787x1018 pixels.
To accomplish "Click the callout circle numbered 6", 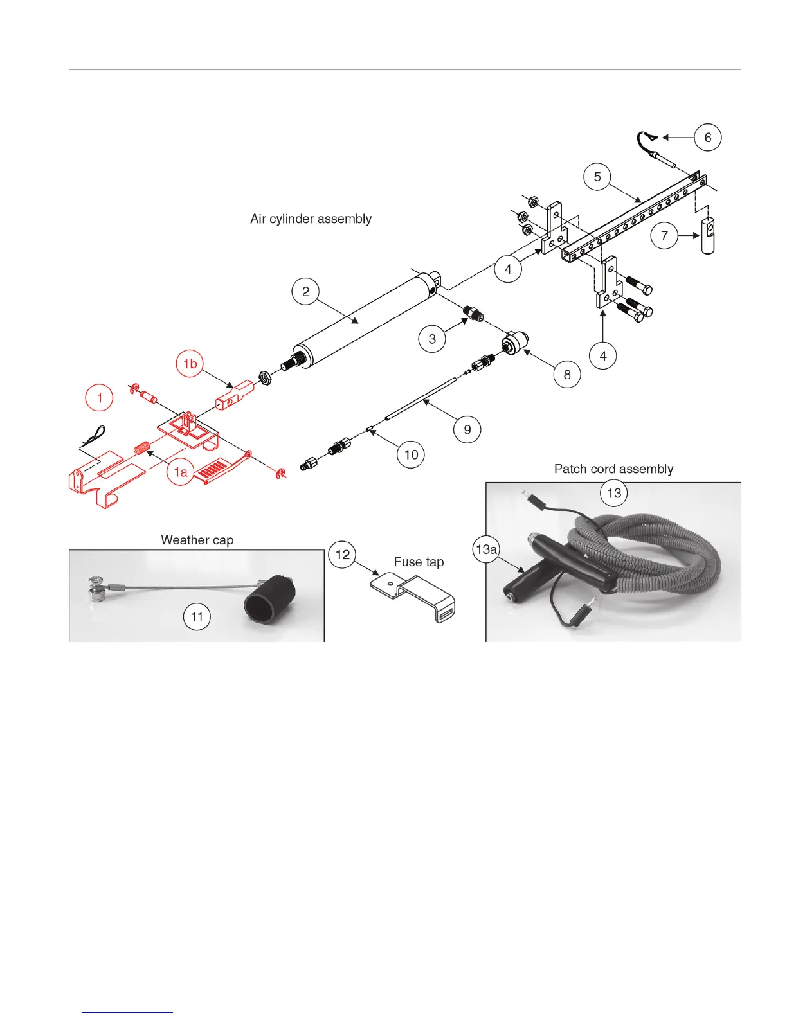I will pos(708,138).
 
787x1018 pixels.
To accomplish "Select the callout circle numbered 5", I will pos(597,177).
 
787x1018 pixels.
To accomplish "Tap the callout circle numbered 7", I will pos(664,236).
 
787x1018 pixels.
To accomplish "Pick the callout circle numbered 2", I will pos(305,292).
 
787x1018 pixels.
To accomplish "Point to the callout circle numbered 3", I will pos(432,339).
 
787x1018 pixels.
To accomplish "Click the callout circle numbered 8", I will pos(566,374).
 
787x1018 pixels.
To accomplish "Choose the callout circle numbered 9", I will pos(467,429).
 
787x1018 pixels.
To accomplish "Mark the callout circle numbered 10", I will pos(411,455).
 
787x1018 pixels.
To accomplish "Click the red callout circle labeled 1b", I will pos(190,364).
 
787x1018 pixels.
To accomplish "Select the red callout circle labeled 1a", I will pos(181,472).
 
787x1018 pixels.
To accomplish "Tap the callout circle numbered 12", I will pos(343,554).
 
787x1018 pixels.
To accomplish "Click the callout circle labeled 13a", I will pos(486,549).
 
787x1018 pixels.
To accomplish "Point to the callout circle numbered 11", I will pos(197,617).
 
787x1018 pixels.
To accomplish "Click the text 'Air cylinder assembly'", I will pos(311,219).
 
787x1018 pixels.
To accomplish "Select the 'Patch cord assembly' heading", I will pos(613,469).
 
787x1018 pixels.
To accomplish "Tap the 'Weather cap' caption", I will pos(197,540).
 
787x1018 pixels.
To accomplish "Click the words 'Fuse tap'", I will pos(419,562).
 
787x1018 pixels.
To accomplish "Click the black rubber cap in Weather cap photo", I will pos(269,600).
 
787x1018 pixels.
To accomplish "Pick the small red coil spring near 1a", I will pos(142,447).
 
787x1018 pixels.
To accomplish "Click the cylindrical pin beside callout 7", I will pos(707,236).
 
